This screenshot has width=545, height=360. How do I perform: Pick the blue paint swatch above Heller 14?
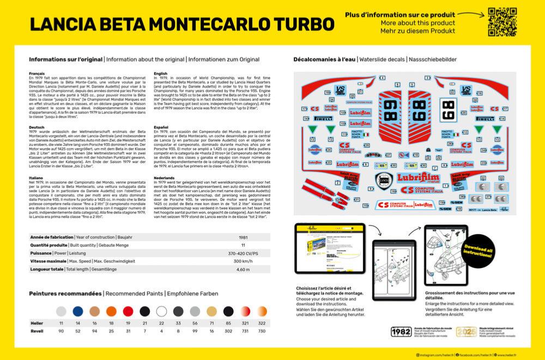[77, 311]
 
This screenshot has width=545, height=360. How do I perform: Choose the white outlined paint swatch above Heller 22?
[161, 311]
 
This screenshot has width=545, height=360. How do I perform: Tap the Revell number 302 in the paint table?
[212, 331]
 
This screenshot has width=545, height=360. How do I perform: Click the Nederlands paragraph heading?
[165, 177]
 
